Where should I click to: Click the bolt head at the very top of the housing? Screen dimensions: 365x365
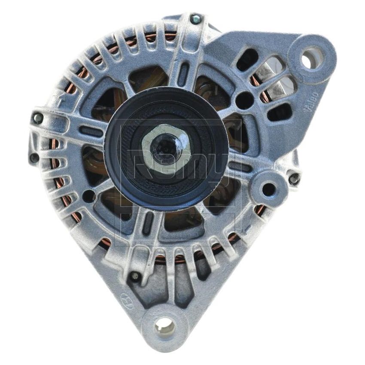coord(196,18)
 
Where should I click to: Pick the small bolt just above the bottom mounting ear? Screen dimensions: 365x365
coord(135,276)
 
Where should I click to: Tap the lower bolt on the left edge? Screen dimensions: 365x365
coord(34,158)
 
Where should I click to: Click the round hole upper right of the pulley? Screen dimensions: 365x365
coord(244,100)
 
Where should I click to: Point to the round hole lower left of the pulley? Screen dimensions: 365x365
coord(88,196)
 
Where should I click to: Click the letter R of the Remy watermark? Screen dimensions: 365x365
coord(137,163)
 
